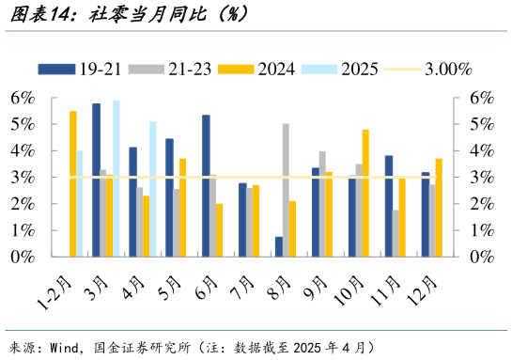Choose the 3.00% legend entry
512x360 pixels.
point(447,69)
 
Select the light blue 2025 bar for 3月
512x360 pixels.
point(116,179)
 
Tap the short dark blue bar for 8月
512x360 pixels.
point(279,246)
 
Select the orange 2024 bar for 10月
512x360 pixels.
point(365,193)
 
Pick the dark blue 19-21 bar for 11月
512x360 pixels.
point(388,206)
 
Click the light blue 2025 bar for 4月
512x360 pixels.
point(152,189)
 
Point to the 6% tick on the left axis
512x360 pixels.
point(23,98)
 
